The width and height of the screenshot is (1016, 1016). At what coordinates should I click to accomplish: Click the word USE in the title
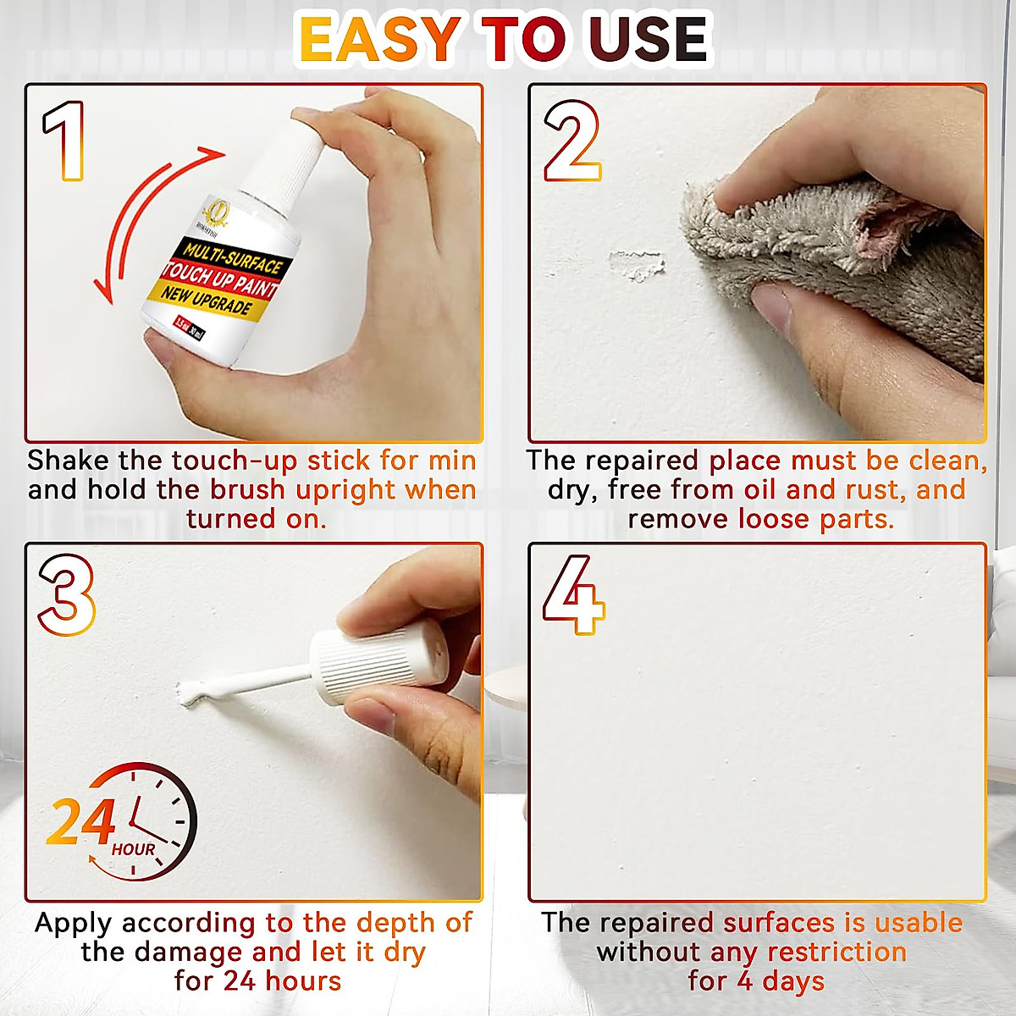click(x=649, y=39)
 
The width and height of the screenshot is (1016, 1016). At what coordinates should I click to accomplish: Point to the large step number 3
click(x=66, y=594)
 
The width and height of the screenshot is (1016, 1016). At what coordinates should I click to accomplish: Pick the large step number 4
click(x=573, y=594)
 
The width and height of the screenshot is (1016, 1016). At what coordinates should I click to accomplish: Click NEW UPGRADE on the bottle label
click(x=207, y=300)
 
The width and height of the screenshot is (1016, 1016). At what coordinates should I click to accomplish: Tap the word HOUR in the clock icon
click(x=134, y=849)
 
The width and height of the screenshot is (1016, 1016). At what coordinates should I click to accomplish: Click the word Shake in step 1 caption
click(x=68, y=461)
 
